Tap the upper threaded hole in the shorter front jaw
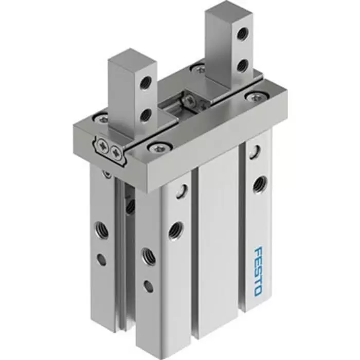147,81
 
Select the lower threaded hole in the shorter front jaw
147,114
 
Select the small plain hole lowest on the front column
149,286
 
